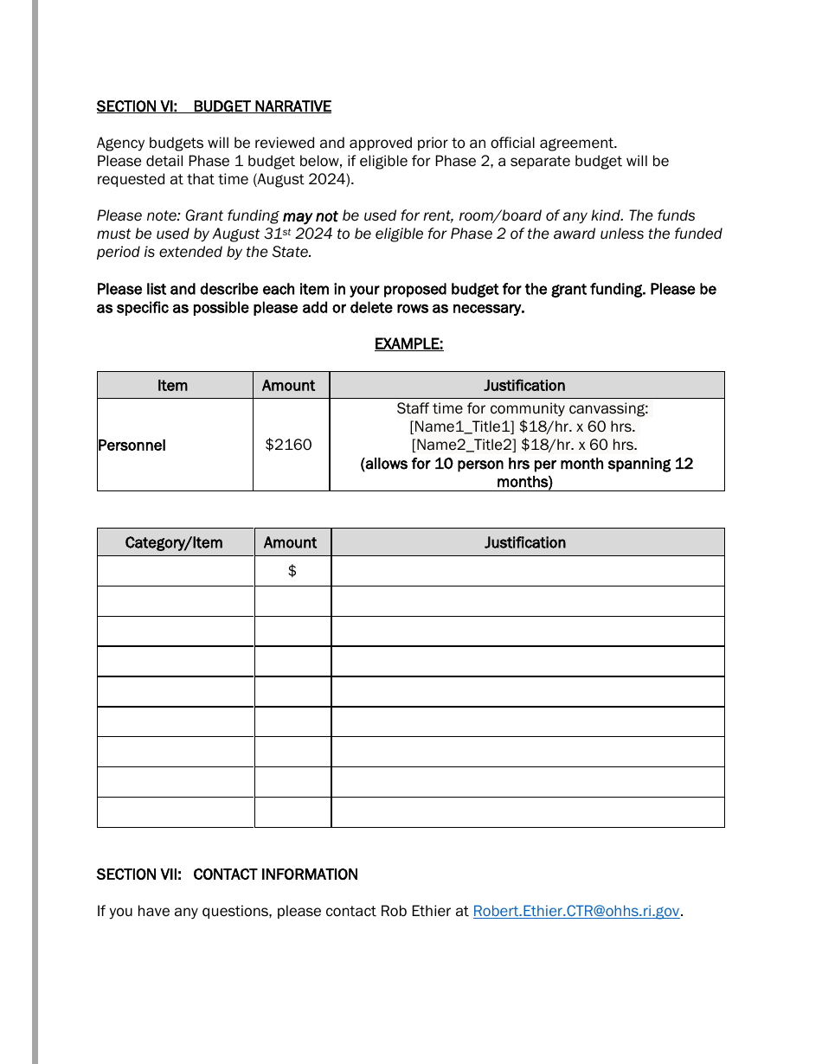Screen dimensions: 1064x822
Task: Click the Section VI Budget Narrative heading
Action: pyautogui.click(x=214, y=106)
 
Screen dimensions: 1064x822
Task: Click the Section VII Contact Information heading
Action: pyautogui.click(x=227, y=875)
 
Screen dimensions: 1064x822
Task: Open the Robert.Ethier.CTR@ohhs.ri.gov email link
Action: pyautogui.click(x=575, y=911)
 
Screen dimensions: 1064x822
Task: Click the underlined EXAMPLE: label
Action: pyautogui.click(x=408, y=344)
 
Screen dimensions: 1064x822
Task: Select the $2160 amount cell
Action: pyautogui.click(x=288, y=445)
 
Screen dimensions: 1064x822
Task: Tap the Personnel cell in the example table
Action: pyautogui.click(x=132, y=445)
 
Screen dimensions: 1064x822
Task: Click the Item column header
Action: pyautogui.click(x=172, y=386)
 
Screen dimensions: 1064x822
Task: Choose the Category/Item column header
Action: pyautogui.click(x=174, y=543)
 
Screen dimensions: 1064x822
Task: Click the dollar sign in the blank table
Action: pyautogui.click(x=292, y=571)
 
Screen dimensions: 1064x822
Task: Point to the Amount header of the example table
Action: pyautogui.click(x=288, y=386)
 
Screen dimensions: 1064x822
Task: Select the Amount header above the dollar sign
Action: pyautogui.click(x=290, y=543)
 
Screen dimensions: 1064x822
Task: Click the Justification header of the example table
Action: pyautogui.click(x=524, y=386)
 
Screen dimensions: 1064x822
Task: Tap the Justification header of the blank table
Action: pyautogui.click(x=525, y=543)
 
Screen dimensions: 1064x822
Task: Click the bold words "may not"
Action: pyautogui.click(x=310, y=216)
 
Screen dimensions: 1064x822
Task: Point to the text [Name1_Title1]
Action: pyautogui.click(x=462, y=426)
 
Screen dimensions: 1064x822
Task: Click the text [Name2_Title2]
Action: pyautogui.click(x=463, y=445)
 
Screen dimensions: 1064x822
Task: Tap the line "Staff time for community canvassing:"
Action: pyautogui.click(x=523, y=408)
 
